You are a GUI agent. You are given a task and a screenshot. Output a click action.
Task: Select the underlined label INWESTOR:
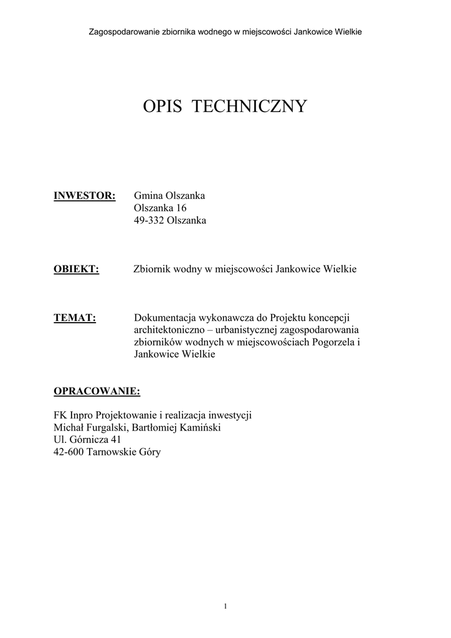click(x=85, y=196)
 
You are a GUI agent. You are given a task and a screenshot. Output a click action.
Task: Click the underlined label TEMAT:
click(x=75, y=318)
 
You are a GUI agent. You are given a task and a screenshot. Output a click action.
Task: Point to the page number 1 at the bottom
click(x=225, y=606)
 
